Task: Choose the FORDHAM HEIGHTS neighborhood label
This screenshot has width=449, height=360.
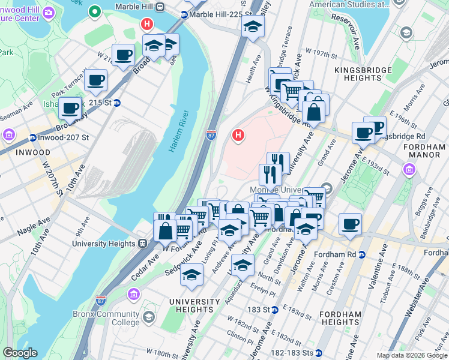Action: [340, 318]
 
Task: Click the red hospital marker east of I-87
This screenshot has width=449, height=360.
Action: [238, 136]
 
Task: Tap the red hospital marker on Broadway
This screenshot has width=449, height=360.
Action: [146, 25]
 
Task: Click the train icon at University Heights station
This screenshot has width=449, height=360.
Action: [143, 244]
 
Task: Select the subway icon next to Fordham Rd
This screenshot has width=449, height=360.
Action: [362, 254]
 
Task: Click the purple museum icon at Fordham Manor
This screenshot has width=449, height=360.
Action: [409, 170]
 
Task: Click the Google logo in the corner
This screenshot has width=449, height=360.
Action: [20, 353]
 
